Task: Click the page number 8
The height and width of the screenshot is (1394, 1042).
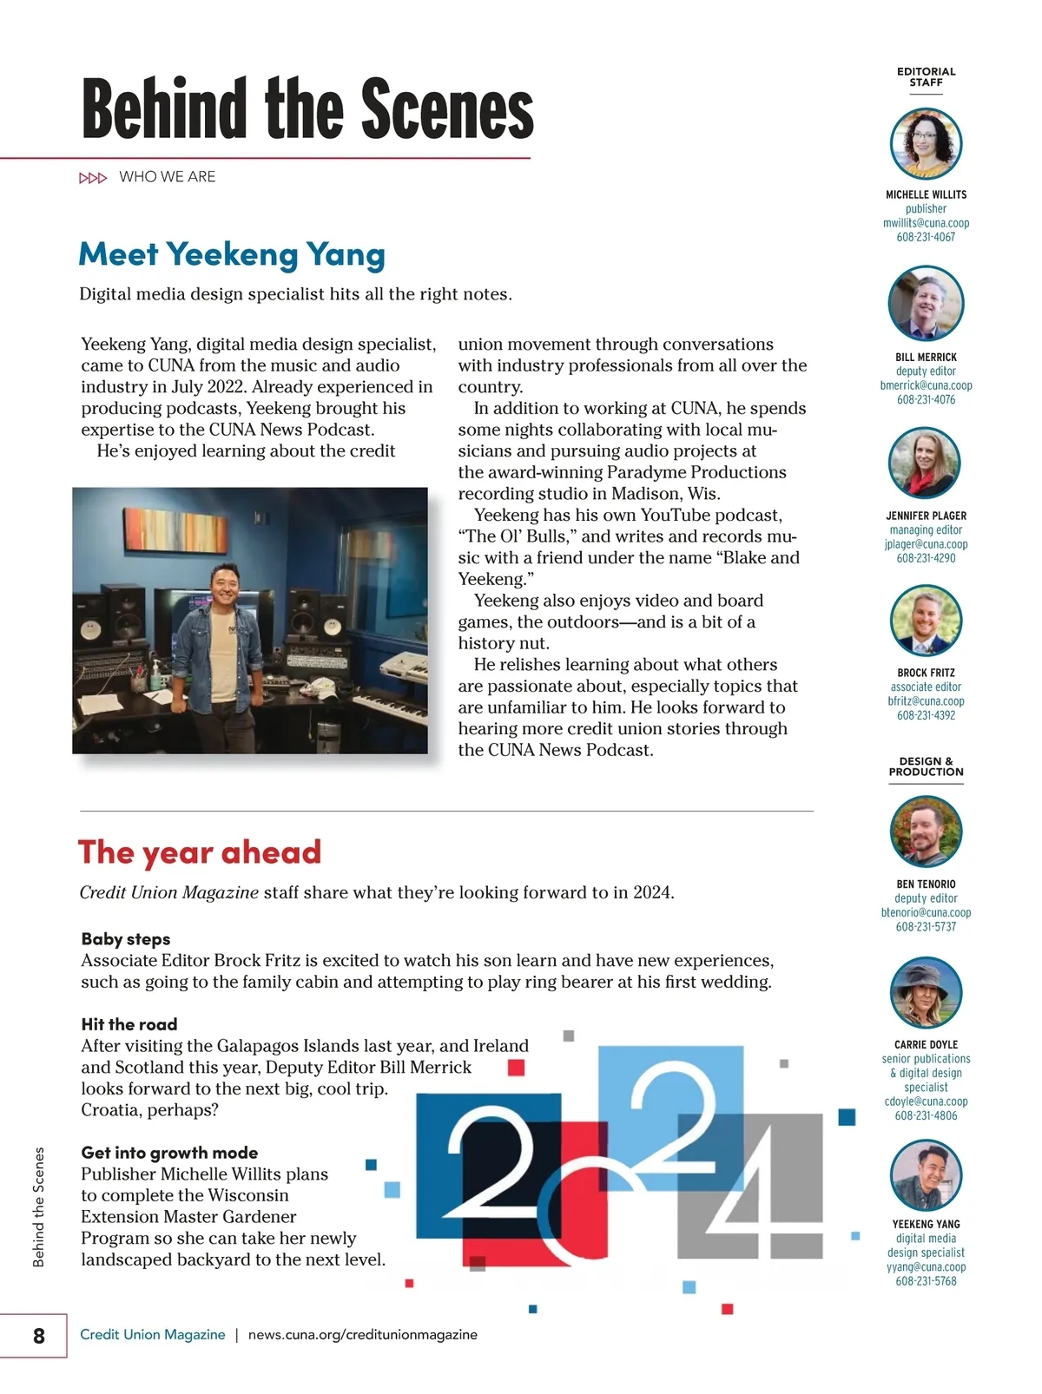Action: click(x=38, y=1335)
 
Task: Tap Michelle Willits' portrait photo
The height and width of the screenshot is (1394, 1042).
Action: click(x=926, y=143)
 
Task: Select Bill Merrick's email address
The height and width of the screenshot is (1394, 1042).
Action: click(x=926, y=385)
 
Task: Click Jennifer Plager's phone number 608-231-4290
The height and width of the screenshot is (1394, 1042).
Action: click(x=926, y=558)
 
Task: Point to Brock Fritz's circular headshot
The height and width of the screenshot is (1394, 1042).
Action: click(x=926, y=620)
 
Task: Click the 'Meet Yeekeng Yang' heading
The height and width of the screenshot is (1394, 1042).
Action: click(x=232, y=254)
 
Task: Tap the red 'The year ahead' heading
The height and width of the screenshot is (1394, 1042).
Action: click(x=200, y=852)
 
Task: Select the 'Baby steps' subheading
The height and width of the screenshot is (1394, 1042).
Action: click(x=126, y=939)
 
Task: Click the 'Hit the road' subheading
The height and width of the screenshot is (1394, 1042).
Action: click(x=129, y=1024)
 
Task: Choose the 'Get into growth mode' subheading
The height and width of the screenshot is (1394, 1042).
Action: click(x=169, y=1153)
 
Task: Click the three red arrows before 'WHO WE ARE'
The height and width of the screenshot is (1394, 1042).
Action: click(x=93, y=178)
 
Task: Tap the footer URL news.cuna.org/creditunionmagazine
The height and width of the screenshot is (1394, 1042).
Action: click(x=363, y=1335)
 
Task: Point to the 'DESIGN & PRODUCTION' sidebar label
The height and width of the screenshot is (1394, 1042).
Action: click(x=926, y=766)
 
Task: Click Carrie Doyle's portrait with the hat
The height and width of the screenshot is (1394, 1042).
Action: click(x=926, y=993)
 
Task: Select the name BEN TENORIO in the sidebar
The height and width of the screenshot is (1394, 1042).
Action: click(x=926, y=884)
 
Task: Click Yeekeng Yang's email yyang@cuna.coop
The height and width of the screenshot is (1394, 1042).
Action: click(x=926, y=1267)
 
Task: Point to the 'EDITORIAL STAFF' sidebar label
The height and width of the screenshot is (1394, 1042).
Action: click(x=926, y=77)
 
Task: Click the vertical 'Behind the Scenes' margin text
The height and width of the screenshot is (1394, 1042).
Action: click(x=38, y=1207)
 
